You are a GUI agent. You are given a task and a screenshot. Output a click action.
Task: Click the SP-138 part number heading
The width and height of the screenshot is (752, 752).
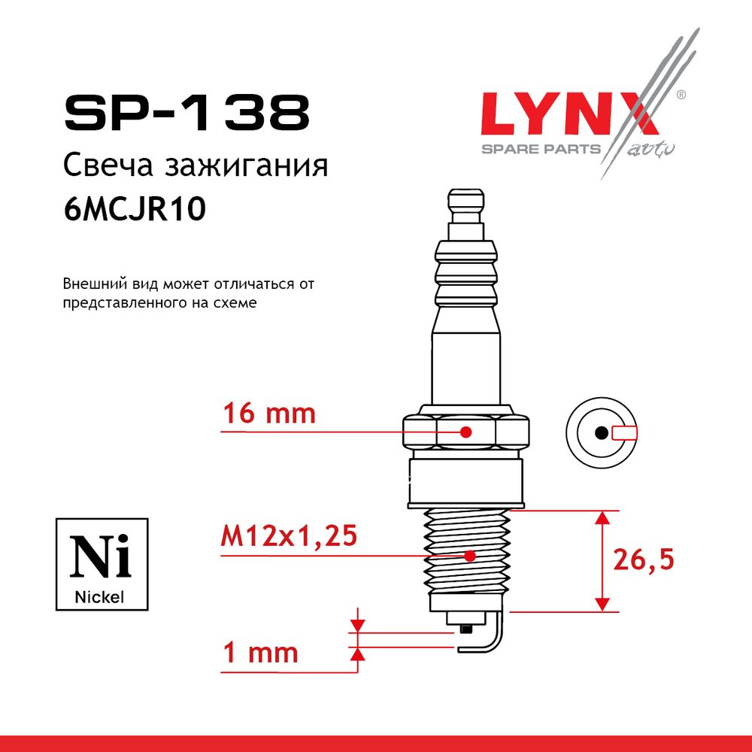(187, 114)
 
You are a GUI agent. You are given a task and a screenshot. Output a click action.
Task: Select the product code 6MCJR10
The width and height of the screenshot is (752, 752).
(135, 209)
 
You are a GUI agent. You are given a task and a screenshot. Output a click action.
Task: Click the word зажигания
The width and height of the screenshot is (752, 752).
(247, 166)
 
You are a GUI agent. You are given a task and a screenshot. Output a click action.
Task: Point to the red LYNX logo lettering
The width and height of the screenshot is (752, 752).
(570, 114)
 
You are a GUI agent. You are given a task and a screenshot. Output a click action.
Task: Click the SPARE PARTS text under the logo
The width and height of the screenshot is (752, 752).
(541, 149)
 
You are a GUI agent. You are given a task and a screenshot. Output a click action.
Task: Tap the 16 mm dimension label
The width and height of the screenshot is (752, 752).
(269, 414)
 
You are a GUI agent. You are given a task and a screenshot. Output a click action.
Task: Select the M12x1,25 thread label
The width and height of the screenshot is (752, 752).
(289, 535)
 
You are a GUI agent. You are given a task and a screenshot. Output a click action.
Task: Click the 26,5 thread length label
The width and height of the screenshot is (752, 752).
(644, 559)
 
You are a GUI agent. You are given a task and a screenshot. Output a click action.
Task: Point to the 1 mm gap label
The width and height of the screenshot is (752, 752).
(260, 653)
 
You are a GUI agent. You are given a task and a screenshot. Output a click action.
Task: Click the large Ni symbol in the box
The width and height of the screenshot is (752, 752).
(100, 556)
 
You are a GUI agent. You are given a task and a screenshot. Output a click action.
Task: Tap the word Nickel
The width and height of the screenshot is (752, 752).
(99, 597)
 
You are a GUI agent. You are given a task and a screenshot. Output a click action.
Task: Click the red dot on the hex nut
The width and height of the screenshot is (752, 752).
(465, 432)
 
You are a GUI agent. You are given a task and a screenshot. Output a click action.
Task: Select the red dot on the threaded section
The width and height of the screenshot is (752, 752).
(470, 556)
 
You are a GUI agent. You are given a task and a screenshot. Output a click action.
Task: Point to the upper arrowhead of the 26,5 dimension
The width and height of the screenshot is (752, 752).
(602, 517)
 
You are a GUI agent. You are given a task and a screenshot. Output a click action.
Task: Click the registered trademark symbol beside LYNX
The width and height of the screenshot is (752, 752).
(681, 95)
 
